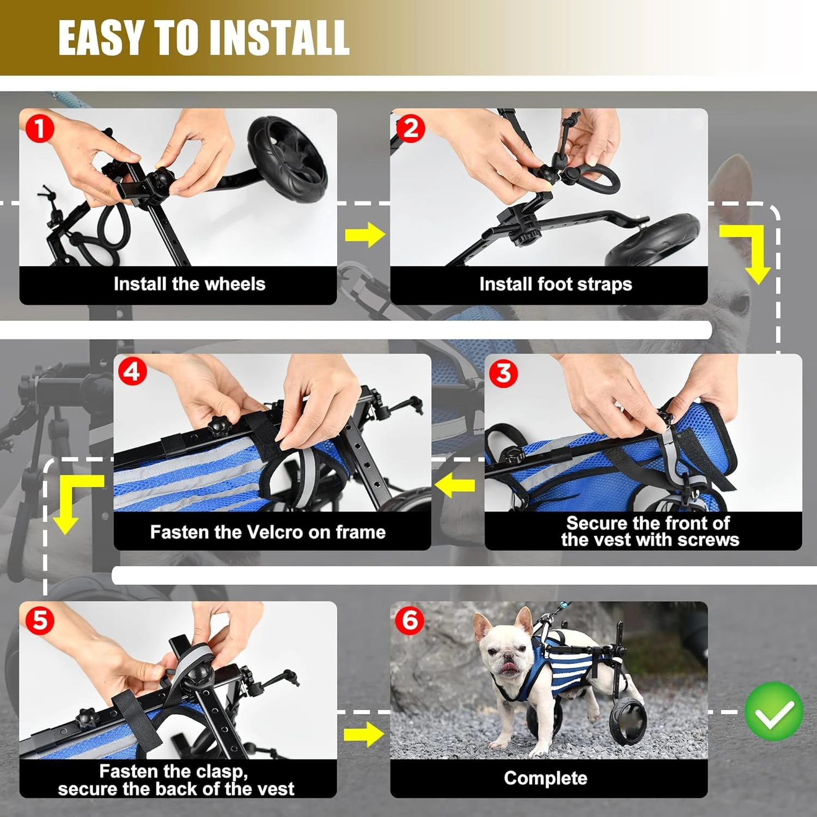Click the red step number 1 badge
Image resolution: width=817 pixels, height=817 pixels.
coord(39,129)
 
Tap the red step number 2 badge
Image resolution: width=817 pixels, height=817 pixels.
coord(410,129)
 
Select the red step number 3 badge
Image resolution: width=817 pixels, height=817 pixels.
coord(504,374)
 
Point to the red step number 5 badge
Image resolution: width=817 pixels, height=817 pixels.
coord(40,620)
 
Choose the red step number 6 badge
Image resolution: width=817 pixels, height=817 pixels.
coord(410,620)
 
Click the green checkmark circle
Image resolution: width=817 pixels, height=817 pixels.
coord(773,711)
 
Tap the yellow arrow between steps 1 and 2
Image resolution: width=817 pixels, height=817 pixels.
coord(365,235)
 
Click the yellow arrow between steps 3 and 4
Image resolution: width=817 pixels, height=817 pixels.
coord(455,485)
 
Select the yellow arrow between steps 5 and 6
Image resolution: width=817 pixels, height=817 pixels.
coord(364,734)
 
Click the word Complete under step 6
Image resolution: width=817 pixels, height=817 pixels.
coord(545,778)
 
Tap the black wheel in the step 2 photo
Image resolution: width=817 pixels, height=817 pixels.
coord(654,240)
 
